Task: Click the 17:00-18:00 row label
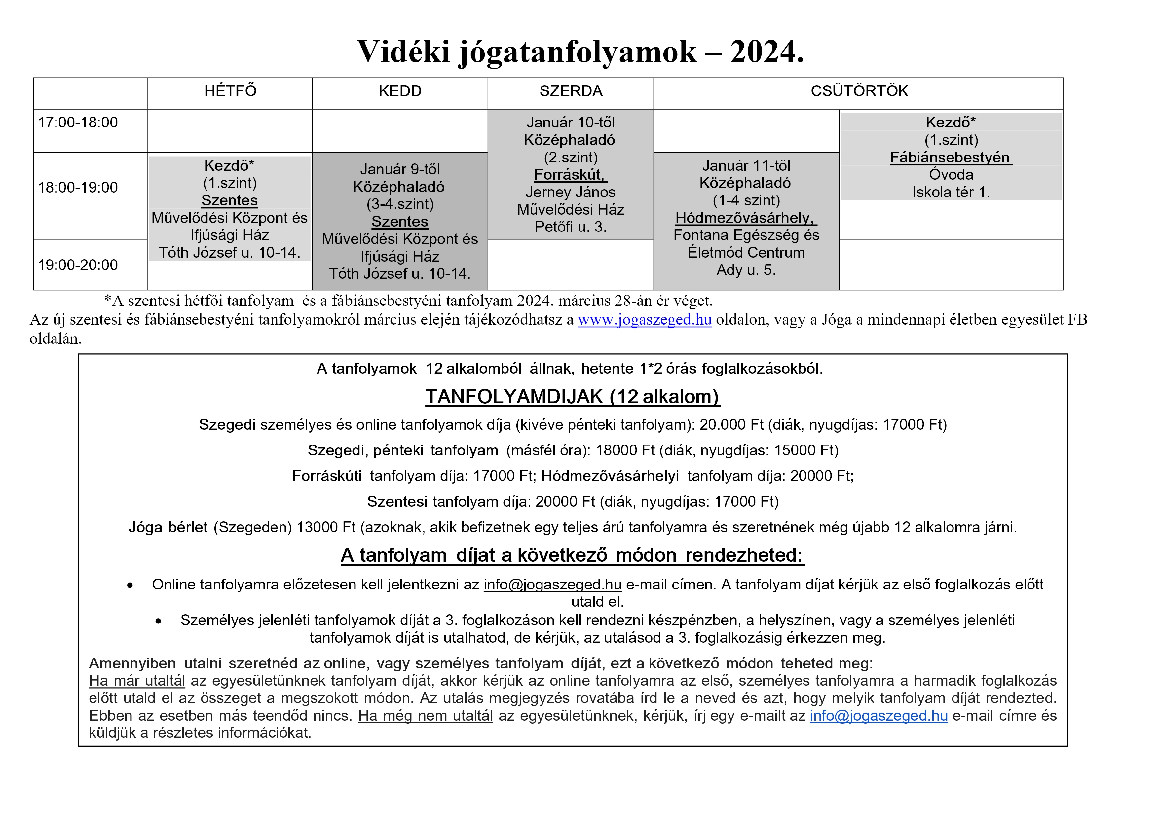click(78, 122)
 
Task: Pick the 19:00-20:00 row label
click(78, 265)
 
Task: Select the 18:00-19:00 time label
click(78, 187)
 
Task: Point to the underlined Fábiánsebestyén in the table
click(950, 158)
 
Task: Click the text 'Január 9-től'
click(400, 169)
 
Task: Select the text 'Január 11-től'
click(746, 165)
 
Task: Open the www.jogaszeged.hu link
click(645, 319)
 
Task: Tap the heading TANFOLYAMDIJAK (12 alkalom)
click(573, 397)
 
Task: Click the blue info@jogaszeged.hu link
click(879, 716)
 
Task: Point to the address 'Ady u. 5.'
click(746, 270)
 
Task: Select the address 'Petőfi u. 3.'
click(570, 227)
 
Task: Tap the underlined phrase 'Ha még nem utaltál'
click(425, 716)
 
